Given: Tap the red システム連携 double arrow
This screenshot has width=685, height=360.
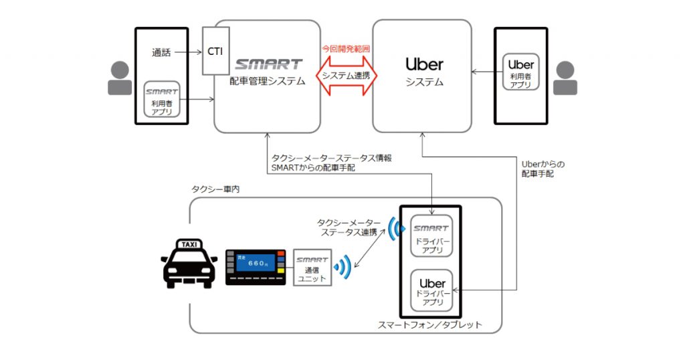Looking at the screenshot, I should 347,75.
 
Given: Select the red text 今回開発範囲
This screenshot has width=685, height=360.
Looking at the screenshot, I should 346,49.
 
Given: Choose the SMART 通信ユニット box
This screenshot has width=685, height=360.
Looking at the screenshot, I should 312,267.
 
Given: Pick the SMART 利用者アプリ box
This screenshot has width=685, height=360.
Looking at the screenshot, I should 162,99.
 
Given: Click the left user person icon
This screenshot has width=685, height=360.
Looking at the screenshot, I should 120,78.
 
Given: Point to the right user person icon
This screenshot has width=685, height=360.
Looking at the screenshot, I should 565,78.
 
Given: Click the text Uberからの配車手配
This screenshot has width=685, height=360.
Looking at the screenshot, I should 543,169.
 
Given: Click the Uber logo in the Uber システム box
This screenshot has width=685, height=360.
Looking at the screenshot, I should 424,64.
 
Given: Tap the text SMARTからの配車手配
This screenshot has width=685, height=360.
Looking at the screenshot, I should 314,168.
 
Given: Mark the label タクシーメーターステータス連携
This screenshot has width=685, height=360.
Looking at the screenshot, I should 349,226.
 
